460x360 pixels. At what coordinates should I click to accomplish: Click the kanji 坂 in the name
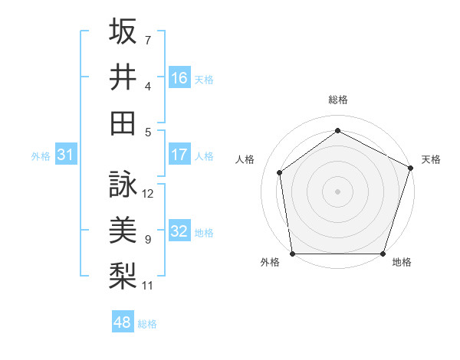point(123,32)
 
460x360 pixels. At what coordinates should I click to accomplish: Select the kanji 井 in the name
point(123,77)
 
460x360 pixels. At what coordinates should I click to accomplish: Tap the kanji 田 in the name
point(123,122)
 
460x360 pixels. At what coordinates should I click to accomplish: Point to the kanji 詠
point(123,185)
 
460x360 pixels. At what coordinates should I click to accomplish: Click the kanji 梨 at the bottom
point(123,275)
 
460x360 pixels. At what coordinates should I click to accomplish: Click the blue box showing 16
point(179,77)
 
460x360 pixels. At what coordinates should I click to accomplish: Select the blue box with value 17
point(179,155)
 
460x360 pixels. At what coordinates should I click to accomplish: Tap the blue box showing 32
point(179,231)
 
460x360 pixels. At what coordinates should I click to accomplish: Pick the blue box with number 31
point(66,155)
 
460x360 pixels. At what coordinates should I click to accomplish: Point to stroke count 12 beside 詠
point(149,194)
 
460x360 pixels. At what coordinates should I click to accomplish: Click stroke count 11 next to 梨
point(149,286)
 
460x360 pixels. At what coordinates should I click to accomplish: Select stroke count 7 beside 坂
point(148,40)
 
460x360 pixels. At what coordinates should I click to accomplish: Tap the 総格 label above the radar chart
point(338,100)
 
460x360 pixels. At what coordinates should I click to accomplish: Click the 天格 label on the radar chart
point(432,159)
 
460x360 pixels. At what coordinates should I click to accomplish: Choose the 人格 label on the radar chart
point(245,159)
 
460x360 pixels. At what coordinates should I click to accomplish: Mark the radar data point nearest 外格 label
point(292,254)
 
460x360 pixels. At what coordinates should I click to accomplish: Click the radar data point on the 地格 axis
point(383,254)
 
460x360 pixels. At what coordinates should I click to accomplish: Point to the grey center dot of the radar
point(338,191)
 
